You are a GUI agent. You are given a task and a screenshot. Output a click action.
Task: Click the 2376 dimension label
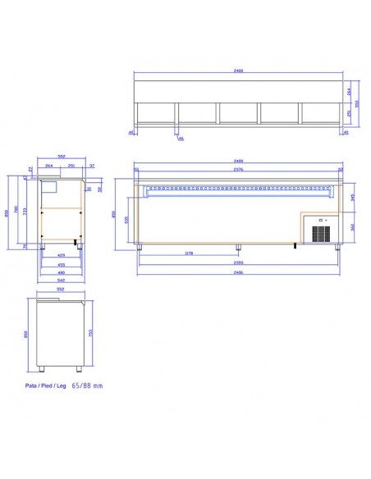(238, 170)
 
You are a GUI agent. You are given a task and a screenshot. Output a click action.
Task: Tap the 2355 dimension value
(238, 264)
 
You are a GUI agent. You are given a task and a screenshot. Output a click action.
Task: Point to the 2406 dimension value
(238, 272)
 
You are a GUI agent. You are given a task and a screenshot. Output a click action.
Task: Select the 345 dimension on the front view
(353, 197)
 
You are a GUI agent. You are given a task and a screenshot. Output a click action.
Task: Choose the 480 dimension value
(61, 272)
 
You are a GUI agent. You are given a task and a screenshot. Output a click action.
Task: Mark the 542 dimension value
(61, 280)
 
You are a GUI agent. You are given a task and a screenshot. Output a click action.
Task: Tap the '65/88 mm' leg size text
(88, 384)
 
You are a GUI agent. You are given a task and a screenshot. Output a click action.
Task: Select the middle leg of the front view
(238, 247)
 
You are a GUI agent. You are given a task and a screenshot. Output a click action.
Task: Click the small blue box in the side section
(51, 186)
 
